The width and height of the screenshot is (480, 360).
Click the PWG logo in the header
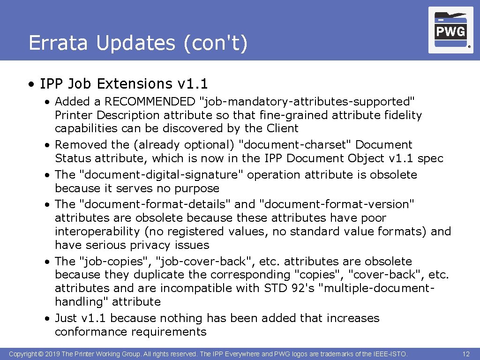coord(450,30)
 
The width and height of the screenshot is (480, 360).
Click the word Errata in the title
coord(58,43)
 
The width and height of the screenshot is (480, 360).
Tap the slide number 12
coord(466,354)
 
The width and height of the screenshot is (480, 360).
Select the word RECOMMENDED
coord(150,102)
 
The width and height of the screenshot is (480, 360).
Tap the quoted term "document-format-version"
coord(337,204)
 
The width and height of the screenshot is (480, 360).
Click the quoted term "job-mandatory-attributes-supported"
coord(307,102)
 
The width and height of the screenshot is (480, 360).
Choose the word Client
coord(282,128)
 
